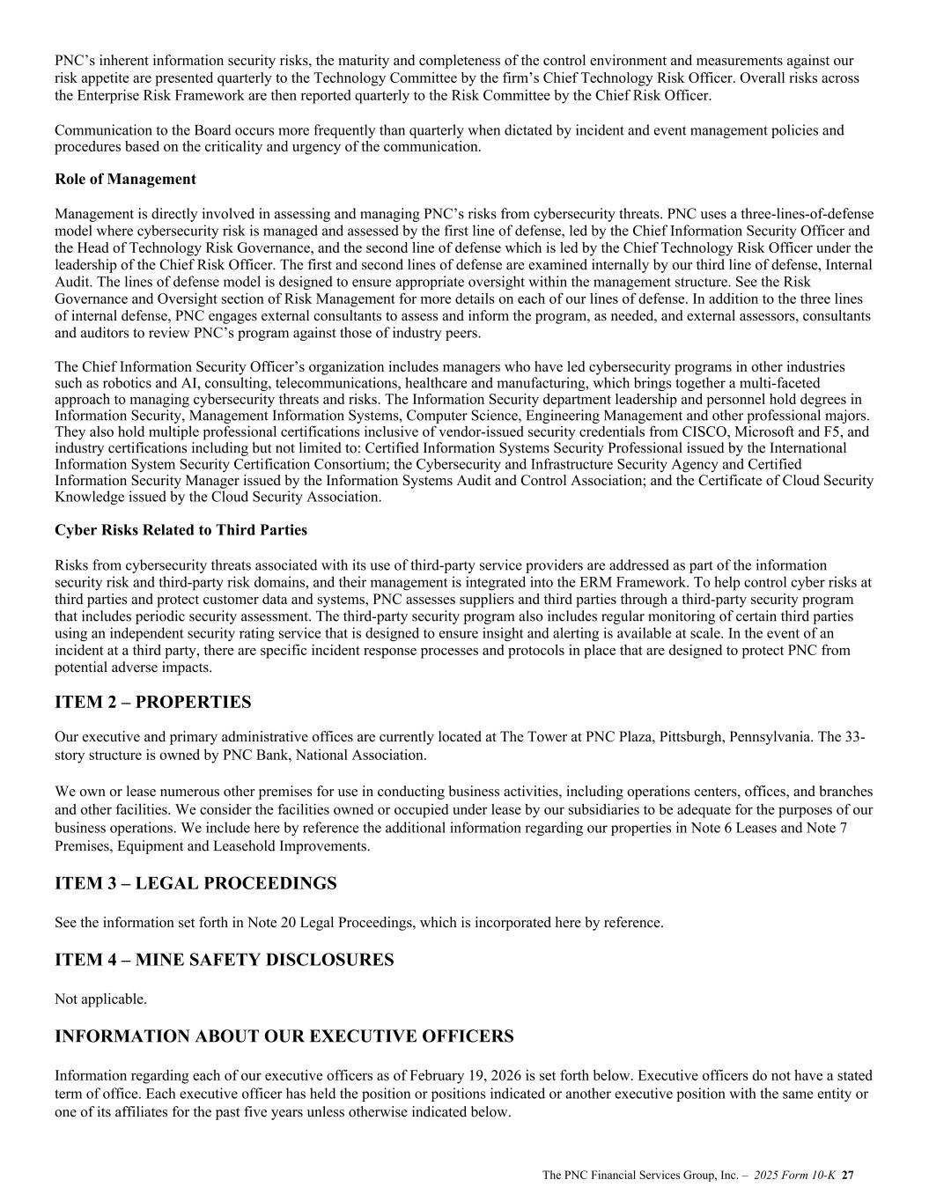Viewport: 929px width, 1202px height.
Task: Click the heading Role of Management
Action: click(x=125, y=180)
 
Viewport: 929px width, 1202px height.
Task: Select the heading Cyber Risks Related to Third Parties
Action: click(x=181, y=530)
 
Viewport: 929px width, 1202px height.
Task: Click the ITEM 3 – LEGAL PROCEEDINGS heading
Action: click(x=195, y=883)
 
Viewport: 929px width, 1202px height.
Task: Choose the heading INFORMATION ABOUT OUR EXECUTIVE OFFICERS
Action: click(x=284, y=1036)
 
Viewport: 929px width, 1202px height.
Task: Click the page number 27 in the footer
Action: click(x=849, y=1175)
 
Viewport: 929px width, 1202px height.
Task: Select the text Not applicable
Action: click(x=100, y=999)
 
